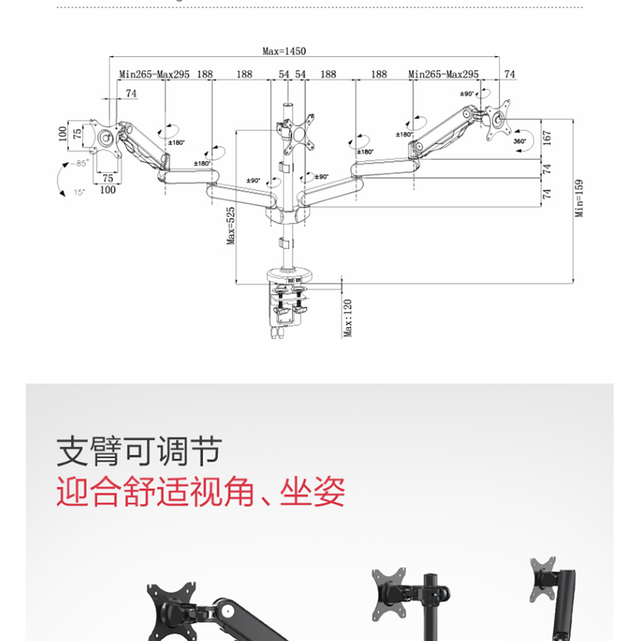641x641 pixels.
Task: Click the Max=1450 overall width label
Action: pyautogui.click(x=284, y=51)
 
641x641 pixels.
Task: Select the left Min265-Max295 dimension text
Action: pyautogui.click(x=155, y=75)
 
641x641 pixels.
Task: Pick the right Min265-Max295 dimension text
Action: pyautogui.click(x=443, y=75)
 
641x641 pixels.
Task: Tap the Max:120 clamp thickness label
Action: pyautogui.click(x=349, y=318)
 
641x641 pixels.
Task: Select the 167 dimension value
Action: pyautogui.click(x=547, y=137)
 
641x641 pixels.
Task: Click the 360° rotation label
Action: pyautogui.click(x=519, y=141)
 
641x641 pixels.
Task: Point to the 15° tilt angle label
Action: pyautogui.click(x=79, y=192)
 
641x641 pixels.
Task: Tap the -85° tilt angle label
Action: pyautogui.click(x=78, y=163)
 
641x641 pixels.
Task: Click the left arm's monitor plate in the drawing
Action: pyautogui.click(x=105, y=137)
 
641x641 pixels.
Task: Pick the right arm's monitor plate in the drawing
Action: pyautogui.click(x=501, y=118)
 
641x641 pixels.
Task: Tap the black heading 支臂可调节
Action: pyautogui.click(x=138, y=453)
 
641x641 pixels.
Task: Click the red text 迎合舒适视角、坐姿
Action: pyautogui.click(x=200, y=491)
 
